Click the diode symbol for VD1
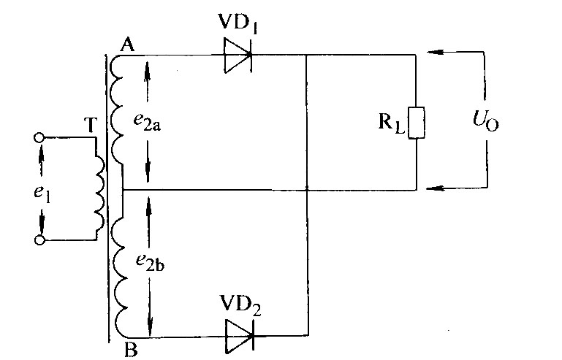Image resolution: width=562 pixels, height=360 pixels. (x=238, y=55)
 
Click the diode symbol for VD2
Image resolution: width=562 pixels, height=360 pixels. (x=240, y=336)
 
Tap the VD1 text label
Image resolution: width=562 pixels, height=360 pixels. (x=238, y=23)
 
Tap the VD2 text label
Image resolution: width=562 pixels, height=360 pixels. (x=240, y=305)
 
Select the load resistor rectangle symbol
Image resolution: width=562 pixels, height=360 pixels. (x=416, y=123)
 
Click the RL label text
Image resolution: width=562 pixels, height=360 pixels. (x=392, y=123)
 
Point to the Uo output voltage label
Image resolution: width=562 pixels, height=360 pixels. (x=485, y=120)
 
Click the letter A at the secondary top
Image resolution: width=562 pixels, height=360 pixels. (x=127, y=45)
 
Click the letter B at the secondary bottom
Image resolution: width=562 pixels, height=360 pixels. (x=131, y=350)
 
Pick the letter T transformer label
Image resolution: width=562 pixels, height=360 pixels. (x=91, y=125)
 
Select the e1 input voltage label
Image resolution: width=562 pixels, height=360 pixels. (x=42, y=194)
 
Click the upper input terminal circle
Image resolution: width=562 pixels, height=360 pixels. (x=39, y=137)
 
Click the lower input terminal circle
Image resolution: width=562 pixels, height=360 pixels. (x=39, y=240)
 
